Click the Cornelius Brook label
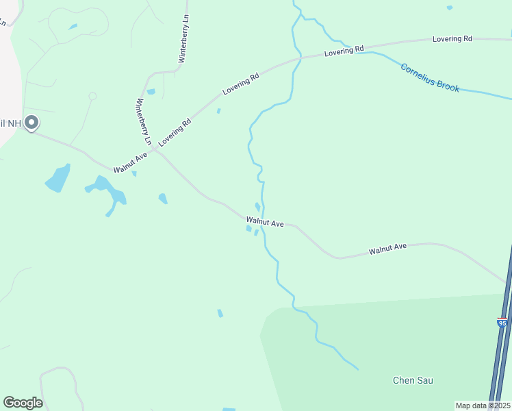(430, 78)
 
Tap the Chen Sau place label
(413, 380)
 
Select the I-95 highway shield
(502, 322)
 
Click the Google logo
(23, 403)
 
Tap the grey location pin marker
(31, 123)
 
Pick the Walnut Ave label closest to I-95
(387, 248)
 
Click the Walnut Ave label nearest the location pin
(131, 162)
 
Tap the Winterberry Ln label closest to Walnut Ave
(143, 121)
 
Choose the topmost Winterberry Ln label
(183, 40)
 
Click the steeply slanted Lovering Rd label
(175, 132)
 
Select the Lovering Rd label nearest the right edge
(452, 39)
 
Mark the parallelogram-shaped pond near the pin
(57, 179)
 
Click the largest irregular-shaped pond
(108, 192)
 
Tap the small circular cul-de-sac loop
(92, 97)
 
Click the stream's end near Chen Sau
(357, 369)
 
